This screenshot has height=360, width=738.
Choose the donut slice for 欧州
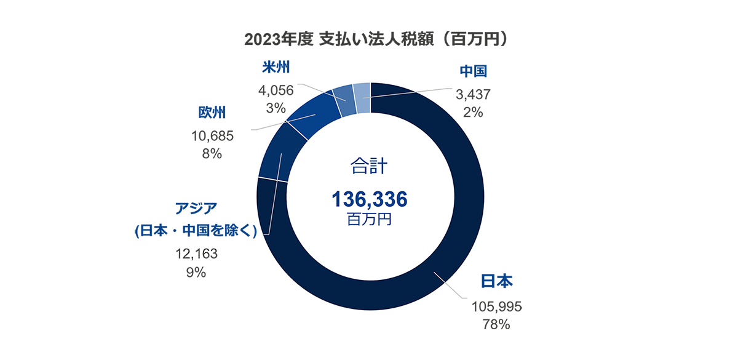click(312, 119)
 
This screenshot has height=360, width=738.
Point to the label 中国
click(474, 72)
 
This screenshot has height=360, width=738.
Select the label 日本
click(496, 281)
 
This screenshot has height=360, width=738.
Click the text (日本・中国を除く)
click(196, 231)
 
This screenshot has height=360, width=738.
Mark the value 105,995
click(496, 306)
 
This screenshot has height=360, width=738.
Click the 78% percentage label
click(496, 325)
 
